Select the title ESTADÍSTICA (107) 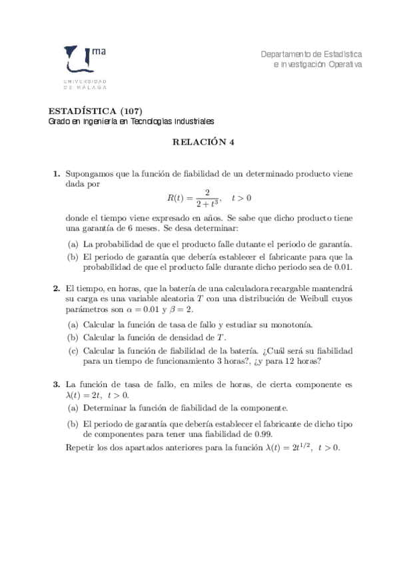tap(96, 111)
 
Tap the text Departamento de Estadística tap(311, 53)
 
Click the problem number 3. tap(57, 385)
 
